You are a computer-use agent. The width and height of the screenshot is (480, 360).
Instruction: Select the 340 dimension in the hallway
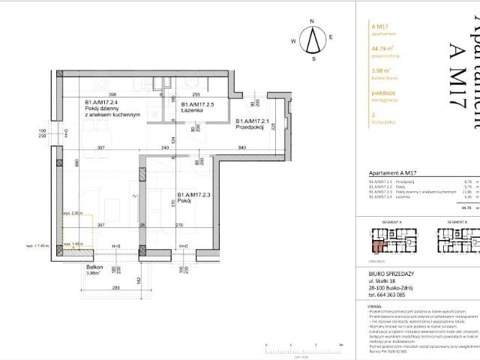tap(241, 148)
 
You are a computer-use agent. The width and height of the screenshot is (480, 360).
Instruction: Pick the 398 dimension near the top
tap(101, 95)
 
